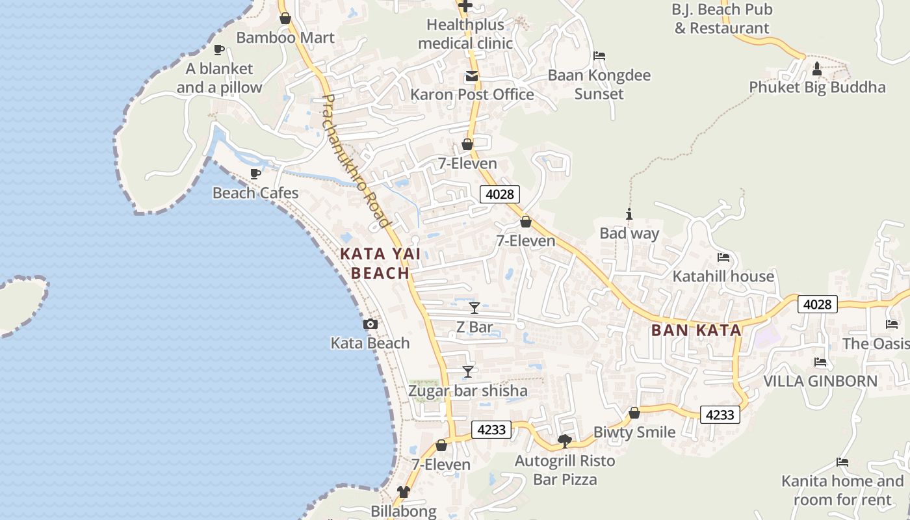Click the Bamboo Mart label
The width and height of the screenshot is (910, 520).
coord(285,38)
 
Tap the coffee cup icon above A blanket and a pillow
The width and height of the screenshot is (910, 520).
coord(219,49)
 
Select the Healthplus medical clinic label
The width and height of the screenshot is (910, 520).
coord(465,34)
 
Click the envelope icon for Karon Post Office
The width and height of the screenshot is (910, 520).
coord(471,77)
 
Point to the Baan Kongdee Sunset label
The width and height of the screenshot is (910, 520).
coord(599,84)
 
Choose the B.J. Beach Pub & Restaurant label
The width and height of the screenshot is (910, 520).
coord(721,19)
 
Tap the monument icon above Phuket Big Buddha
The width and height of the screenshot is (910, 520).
coord(817,68)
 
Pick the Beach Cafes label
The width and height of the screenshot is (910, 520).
coord(255,193)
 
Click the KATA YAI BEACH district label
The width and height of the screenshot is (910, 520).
coord(381,263)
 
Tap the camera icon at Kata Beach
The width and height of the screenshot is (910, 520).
coord(370,324)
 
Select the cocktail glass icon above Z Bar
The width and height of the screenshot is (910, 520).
coord(474,307)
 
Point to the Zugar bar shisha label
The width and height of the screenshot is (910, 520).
coord(468,391)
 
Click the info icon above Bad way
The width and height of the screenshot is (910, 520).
coord(629,214)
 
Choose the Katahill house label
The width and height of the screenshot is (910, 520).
coord(723,276)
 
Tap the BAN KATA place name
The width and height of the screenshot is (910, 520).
coord(696,330)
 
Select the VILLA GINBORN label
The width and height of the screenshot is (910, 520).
coord(820,381)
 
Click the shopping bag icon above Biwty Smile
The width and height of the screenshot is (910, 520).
coord(634,413)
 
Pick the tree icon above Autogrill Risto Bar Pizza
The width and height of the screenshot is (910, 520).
coord(565,441)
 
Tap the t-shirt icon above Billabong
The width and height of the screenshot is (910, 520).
coord(404,492)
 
